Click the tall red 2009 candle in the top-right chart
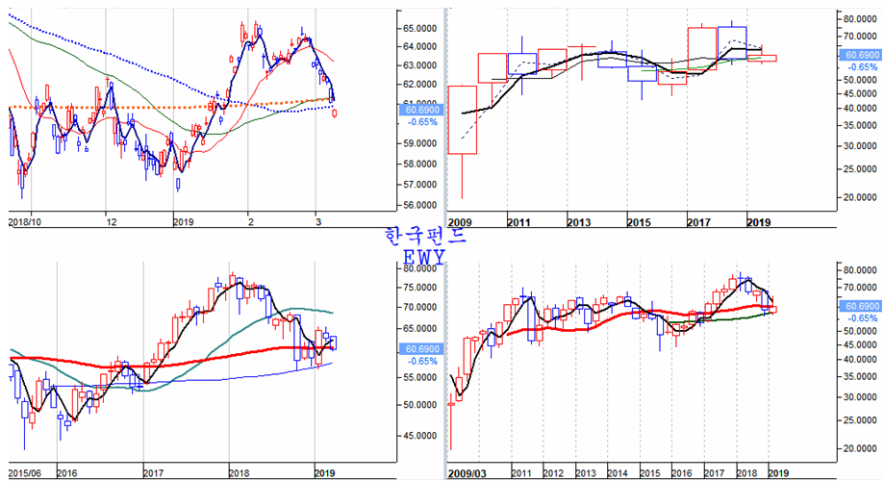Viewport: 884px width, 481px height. [x=463, y=119]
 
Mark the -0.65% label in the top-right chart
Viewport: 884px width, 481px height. [x=862, y=67]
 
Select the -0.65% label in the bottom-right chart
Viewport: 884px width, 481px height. [x=862, y=317]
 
